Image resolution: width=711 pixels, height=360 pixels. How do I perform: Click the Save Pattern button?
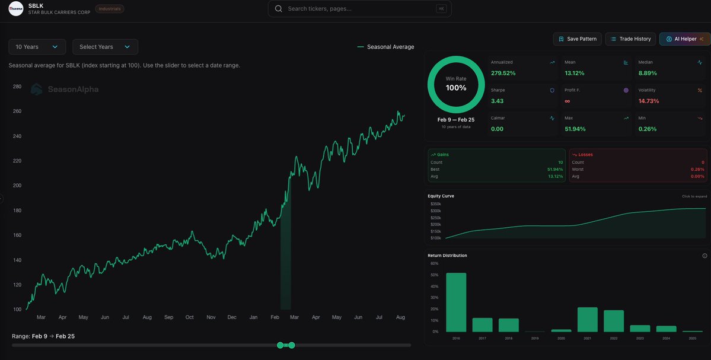tap(577, 39)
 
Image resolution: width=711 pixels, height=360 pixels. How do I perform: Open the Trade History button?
tap(630, 39)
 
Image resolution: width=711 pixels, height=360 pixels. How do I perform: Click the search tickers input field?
tap(359, 9)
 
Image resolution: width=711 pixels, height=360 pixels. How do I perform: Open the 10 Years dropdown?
tap(37, 47)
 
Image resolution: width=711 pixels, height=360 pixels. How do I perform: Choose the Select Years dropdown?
tap(105, 47)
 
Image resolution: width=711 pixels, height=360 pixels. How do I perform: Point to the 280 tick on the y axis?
tap(17, 87)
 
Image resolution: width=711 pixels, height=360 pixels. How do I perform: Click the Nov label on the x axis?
tap(211, 317)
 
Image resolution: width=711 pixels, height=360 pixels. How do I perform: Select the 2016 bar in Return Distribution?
tap(456, 302)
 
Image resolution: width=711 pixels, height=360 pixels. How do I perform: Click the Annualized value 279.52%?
tap(503, 73)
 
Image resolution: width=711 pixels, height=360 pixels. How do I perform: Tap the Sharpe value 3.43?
tap(497, 101)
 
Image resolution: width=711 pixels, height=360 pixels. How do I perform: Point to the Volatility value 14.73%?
tap(649, 101)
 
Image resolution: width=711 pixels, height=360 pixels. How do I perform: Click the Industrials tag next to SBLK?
tap(110, 9)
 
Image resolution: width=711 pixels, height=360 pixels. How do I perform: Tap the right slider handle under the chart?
tap(292, 345)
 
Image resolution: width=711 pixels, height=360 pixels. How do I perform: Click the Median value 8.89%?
tap(648, 73)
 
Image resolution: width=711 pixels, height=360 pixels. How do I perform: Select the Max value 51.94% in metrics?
tap(575, 129)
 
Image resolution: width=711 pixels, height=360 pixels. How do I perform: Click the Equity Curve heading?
tap(441, 196)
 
